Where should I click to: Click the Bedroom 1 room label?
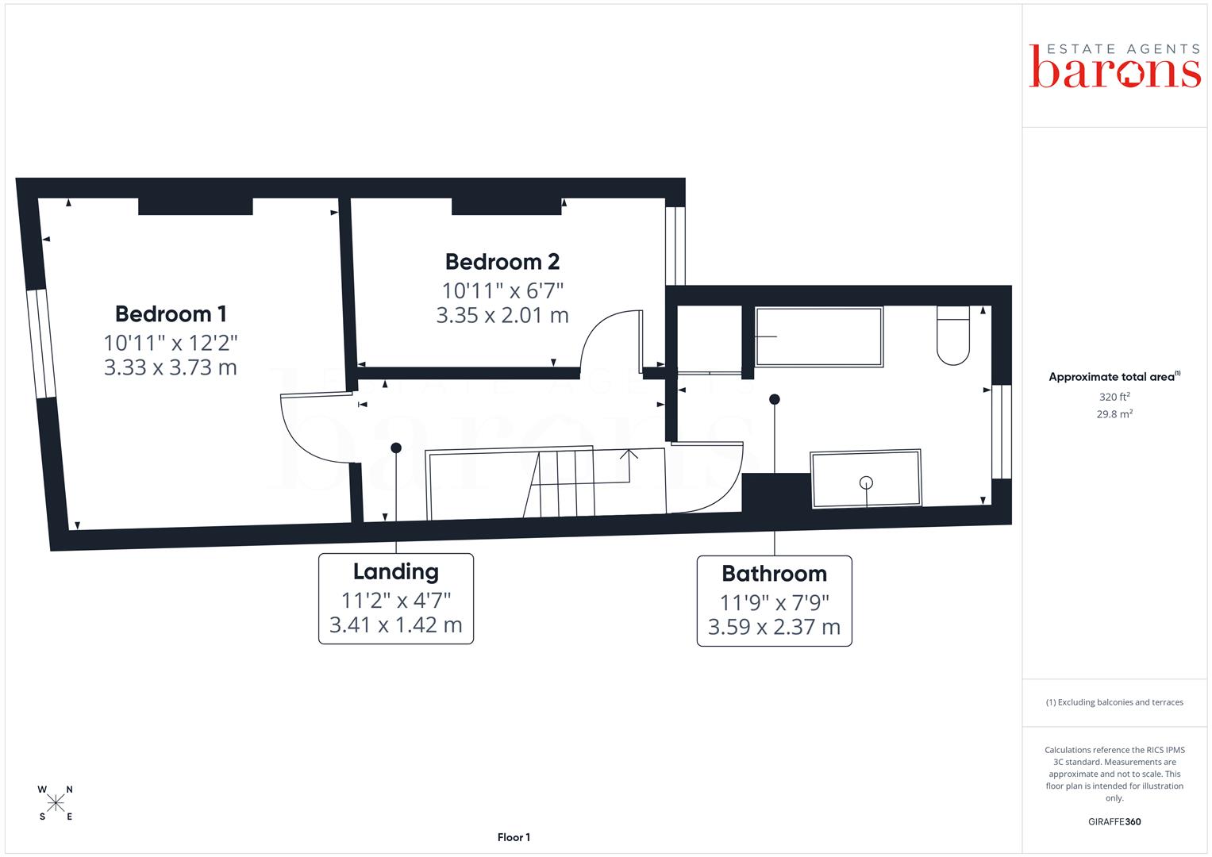click(171, 313)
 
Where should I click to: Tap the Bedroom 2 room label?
click(502, 262)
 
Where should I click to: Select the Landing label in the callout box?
click(395, 572)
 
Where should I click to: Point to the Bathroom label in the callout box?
click(775, 574)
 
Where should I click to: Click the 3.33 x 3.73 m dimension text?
click(171, 367)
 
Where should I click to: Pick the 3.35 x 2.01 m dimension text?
click(502, 316)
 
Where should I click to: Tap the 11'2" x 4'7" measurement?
click(395, 600)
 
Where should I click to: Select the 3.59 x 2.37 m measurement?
click(775, 627)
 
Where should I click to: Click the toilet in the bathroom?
click(952, 336)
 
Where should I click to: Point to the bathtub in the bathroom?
click(819, 337)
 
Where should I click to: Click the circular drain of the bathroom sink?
click(866, 482)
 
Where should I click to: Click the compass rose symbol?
click(56, 803)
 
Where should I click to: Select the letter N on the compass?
click(69, 790)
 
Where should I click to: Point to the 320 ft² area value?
click(1114, 397)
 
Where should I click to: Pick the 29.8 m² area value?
click(1114, 414)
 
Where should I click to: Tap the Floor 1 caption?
click(514, 837)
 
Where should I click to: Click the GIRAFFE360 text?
click(1114, 821)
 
